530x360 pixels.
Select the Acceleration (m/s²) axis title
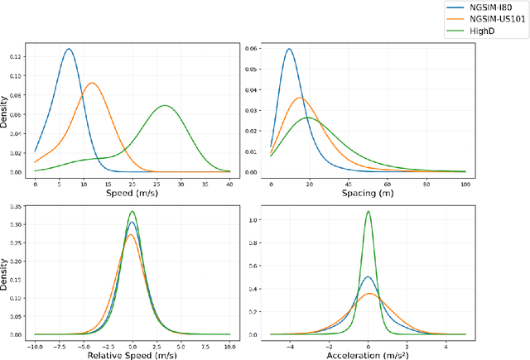point(368,353)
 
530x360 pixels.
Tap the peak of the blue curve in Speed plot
point(69,49)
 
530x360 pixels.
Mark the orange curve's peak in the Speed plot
point(93,83)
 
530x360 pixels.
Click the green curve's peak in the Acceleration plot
point(369,211)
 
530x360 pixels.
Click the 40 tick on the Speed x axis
point(229,180)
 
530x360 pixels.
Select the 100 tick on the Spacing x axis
point(465,180)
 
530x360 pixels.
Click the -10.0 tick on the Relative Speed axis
point(35,342)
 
